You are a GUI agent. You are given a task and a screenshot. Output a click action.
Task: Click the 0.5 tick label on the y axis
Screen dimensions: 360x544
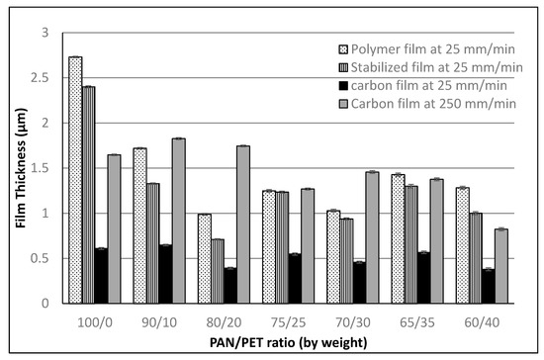pyautogui.click(x=42, y=258)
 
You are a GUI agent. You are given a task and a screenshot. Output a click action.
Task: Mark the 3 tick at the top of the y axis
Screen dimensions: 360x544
pyautogui.click(x=46, y=33)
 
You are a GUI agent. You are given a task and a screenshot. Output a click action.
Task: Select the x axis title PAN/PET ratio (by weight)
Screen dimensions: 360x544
pyautogui.click(x=287, y=341)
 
